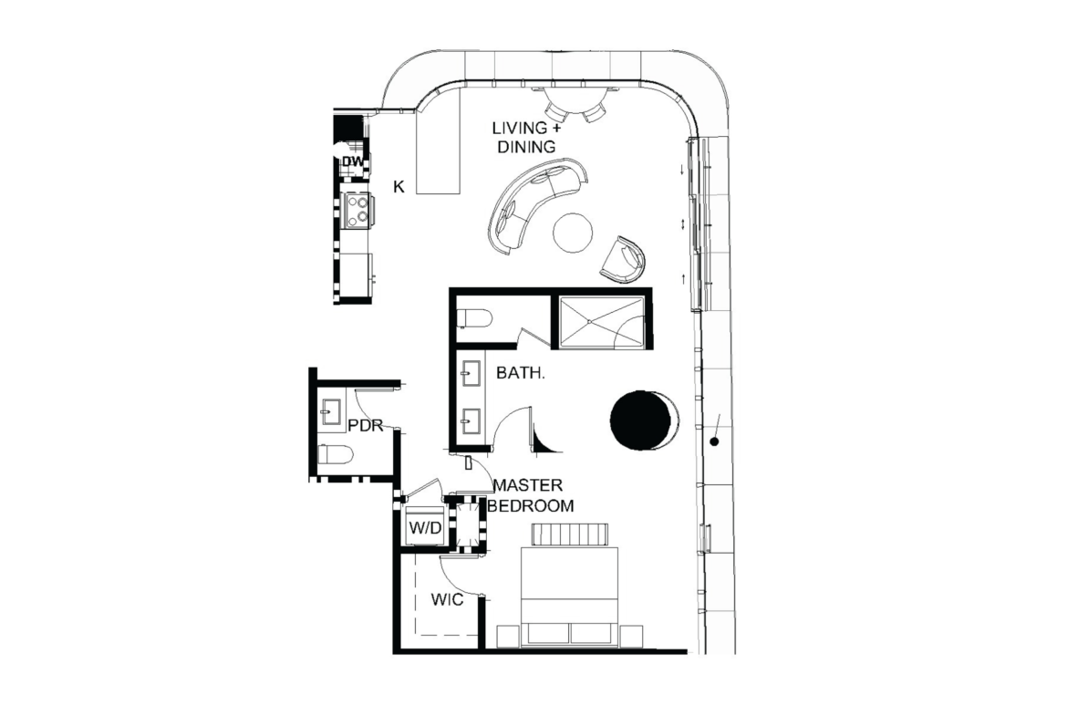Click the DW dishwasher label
point(353,161)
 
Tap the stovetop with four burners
point(357,210)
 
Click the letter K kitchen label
point(399,186)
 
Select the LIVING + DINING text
point(525,137)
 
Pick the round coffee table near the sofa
point(573,233)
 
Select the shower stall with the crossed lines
point(601,322)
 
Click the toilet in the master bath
point(474,317)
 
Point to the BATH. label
point(521,373)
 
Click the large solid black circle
point(639,420)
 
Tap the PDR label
point(366,426)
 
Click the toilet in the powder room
point(336,454)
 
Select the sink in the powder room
point(332,411)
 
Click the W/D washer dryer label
point(425,527)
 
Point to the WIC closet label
point(447,599)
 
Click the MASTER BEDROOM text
point(530,495)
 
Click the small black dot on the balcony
point(714,441)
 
